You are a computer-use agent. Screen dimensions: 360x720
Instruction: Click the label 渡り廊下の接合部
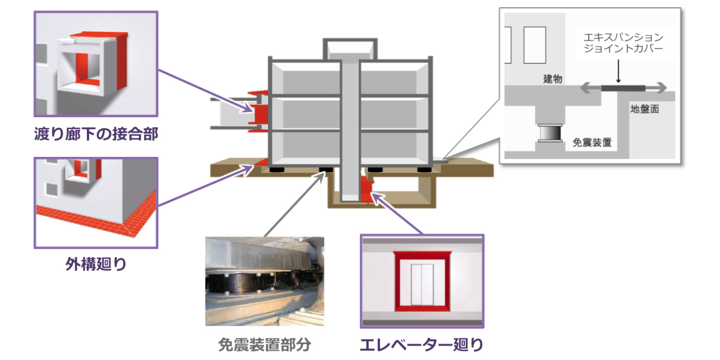point(96,134)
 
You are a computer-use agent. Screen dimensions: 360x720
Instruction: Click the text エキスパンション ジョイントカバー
point(623,43)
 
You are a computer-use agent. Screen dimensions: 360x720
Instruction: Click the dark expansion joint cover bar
point(623,88)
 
